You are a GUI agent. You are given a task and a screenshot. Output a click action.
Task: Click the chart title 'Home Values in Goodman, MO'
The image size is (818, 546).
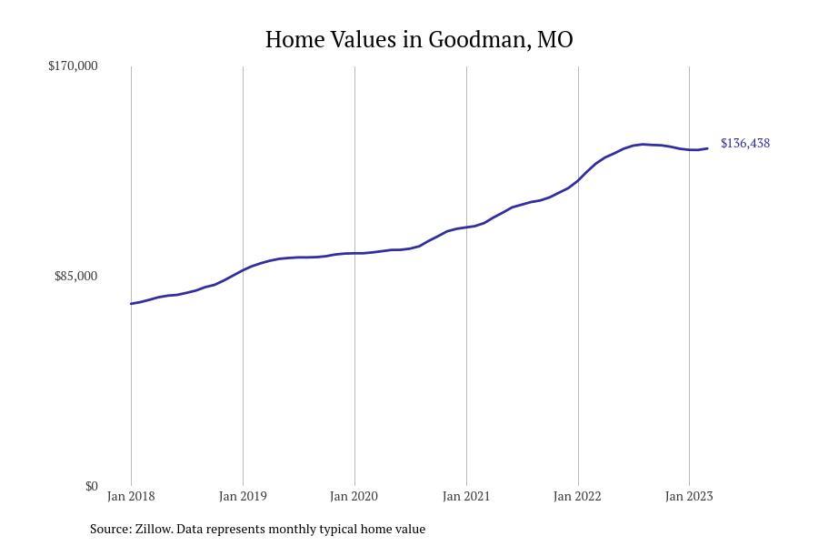pyautogui.click(x=419, y=40)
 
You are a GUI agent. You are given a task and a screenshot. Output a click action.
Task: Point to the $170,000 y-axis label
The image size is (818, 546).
pyautogui.click(x=73, y=66)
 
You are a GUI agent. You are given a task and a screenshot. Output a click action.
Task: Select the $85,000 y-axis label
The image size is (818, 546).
pyautogui.click(x=75, y=276)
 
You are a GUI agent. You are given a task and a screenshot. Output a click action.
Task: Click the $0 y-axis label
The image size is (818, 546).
pyautogui.click(x=91, y=486)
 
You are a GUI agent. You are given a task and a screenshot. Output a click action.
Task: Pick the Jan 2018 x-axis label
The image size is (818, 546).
pyautogui.click(x=131, y=496)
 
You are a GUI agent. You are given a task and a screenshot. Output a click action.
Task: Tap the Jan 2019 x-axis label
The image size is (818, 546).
pyautogui.click(x=243, y=496)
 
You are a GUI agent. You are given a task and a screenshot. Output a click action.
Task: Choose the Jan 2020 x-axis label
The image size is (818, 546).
pyautogui.click(x=354, y=496)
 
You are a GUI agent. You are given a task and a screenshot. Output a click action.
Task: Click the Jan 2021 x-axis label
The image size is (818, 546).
pyautogui.click(x=466, y=496)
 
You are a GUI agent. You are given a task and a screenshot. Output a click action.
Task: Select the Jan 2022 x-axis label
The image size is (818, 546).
pyautogui.click(x=578, y=496)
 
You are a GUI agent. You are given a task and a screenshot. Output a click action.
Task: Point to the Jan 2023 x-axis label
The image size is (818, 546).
pyautogui.click(x=689, y=496)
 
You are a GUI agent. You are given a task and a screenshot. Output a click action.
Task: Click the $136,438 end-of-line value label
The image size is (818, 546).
pyautogui.click(x=745, y=143)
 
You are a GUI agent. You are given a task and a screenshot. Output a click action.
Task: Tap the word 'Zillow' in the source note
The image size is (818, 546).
pyautogui.click(x=155, y=529)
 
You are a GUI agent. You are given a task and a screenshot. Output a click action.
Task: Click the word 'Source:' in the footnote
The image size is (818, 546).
pyautogui.click(x=110, y=529)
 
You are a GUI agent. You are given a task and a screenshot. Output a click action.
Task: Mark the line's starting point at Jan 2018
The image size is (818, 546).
pyautogui.click(x=131, y=304)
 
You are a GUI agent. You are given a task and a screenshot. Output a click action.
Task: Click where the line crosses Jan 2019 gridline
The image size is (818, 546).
pyautogui.click(x=243, y=269)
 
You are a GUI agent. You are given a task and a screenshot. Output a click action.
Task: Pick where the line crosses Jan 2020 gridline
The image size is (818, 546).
pyautogui.click(x=354, y=253)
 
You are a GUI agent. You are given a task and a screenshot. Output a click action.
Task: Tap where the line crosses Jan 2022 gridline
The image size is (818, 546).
pyautogui.click(x=578, y=180)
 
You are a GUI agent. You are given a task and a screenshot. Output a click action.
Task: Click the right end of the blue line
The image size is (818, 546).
pyautogui.click(x=708, y=148)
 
